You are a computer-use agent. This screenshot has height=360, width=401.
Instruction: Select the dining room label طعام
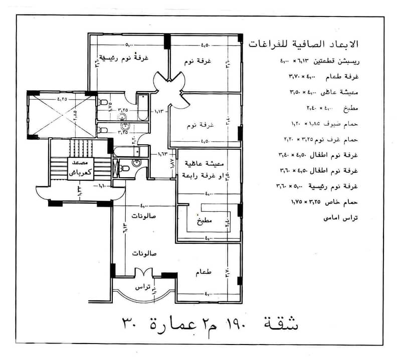[x=205, y=271]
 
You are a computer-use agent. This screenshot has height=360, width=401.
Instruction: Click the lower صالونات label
[x=145, y=253]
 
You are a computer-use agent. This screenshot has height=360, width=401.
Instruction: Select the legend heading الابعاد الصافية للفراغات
[x=304, y=44]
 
